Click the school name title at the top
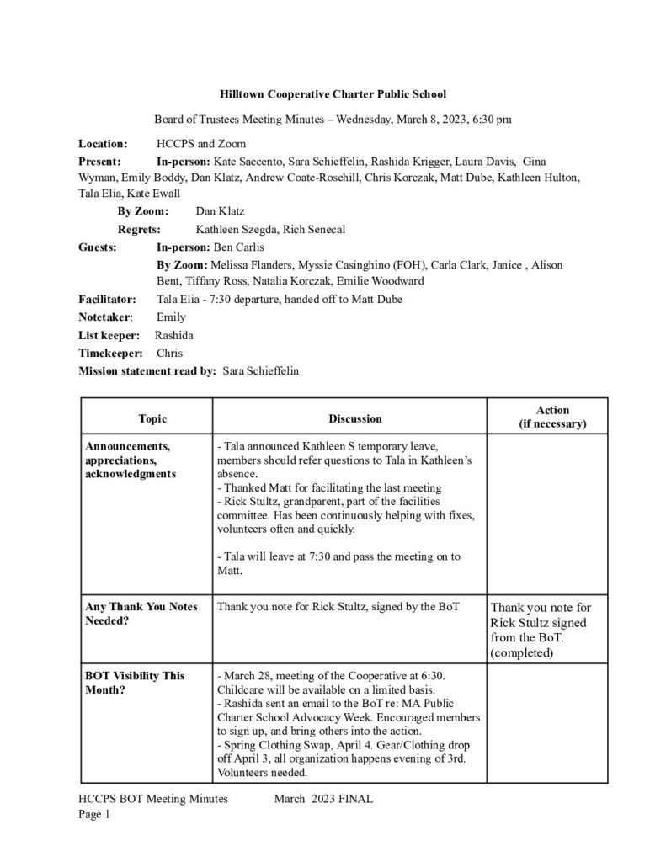(x=333, y=95)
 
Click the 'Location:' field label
(x=103, y=144)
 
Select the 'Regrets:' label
(x=140, y=229)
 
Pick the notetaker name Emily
(x=171, y=317)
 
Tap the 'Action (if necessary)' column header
(x=551, y=417)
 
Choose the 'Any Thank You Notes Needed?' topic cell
(x=141, y=613)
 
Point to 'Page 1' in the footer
(x=94, y=814)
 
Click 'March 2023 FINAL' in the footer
(x=322, y=800)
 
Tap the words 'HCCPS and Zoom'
(x=196, y=144)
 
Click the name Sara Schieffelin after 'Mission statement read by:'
(x=260, y=370)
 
